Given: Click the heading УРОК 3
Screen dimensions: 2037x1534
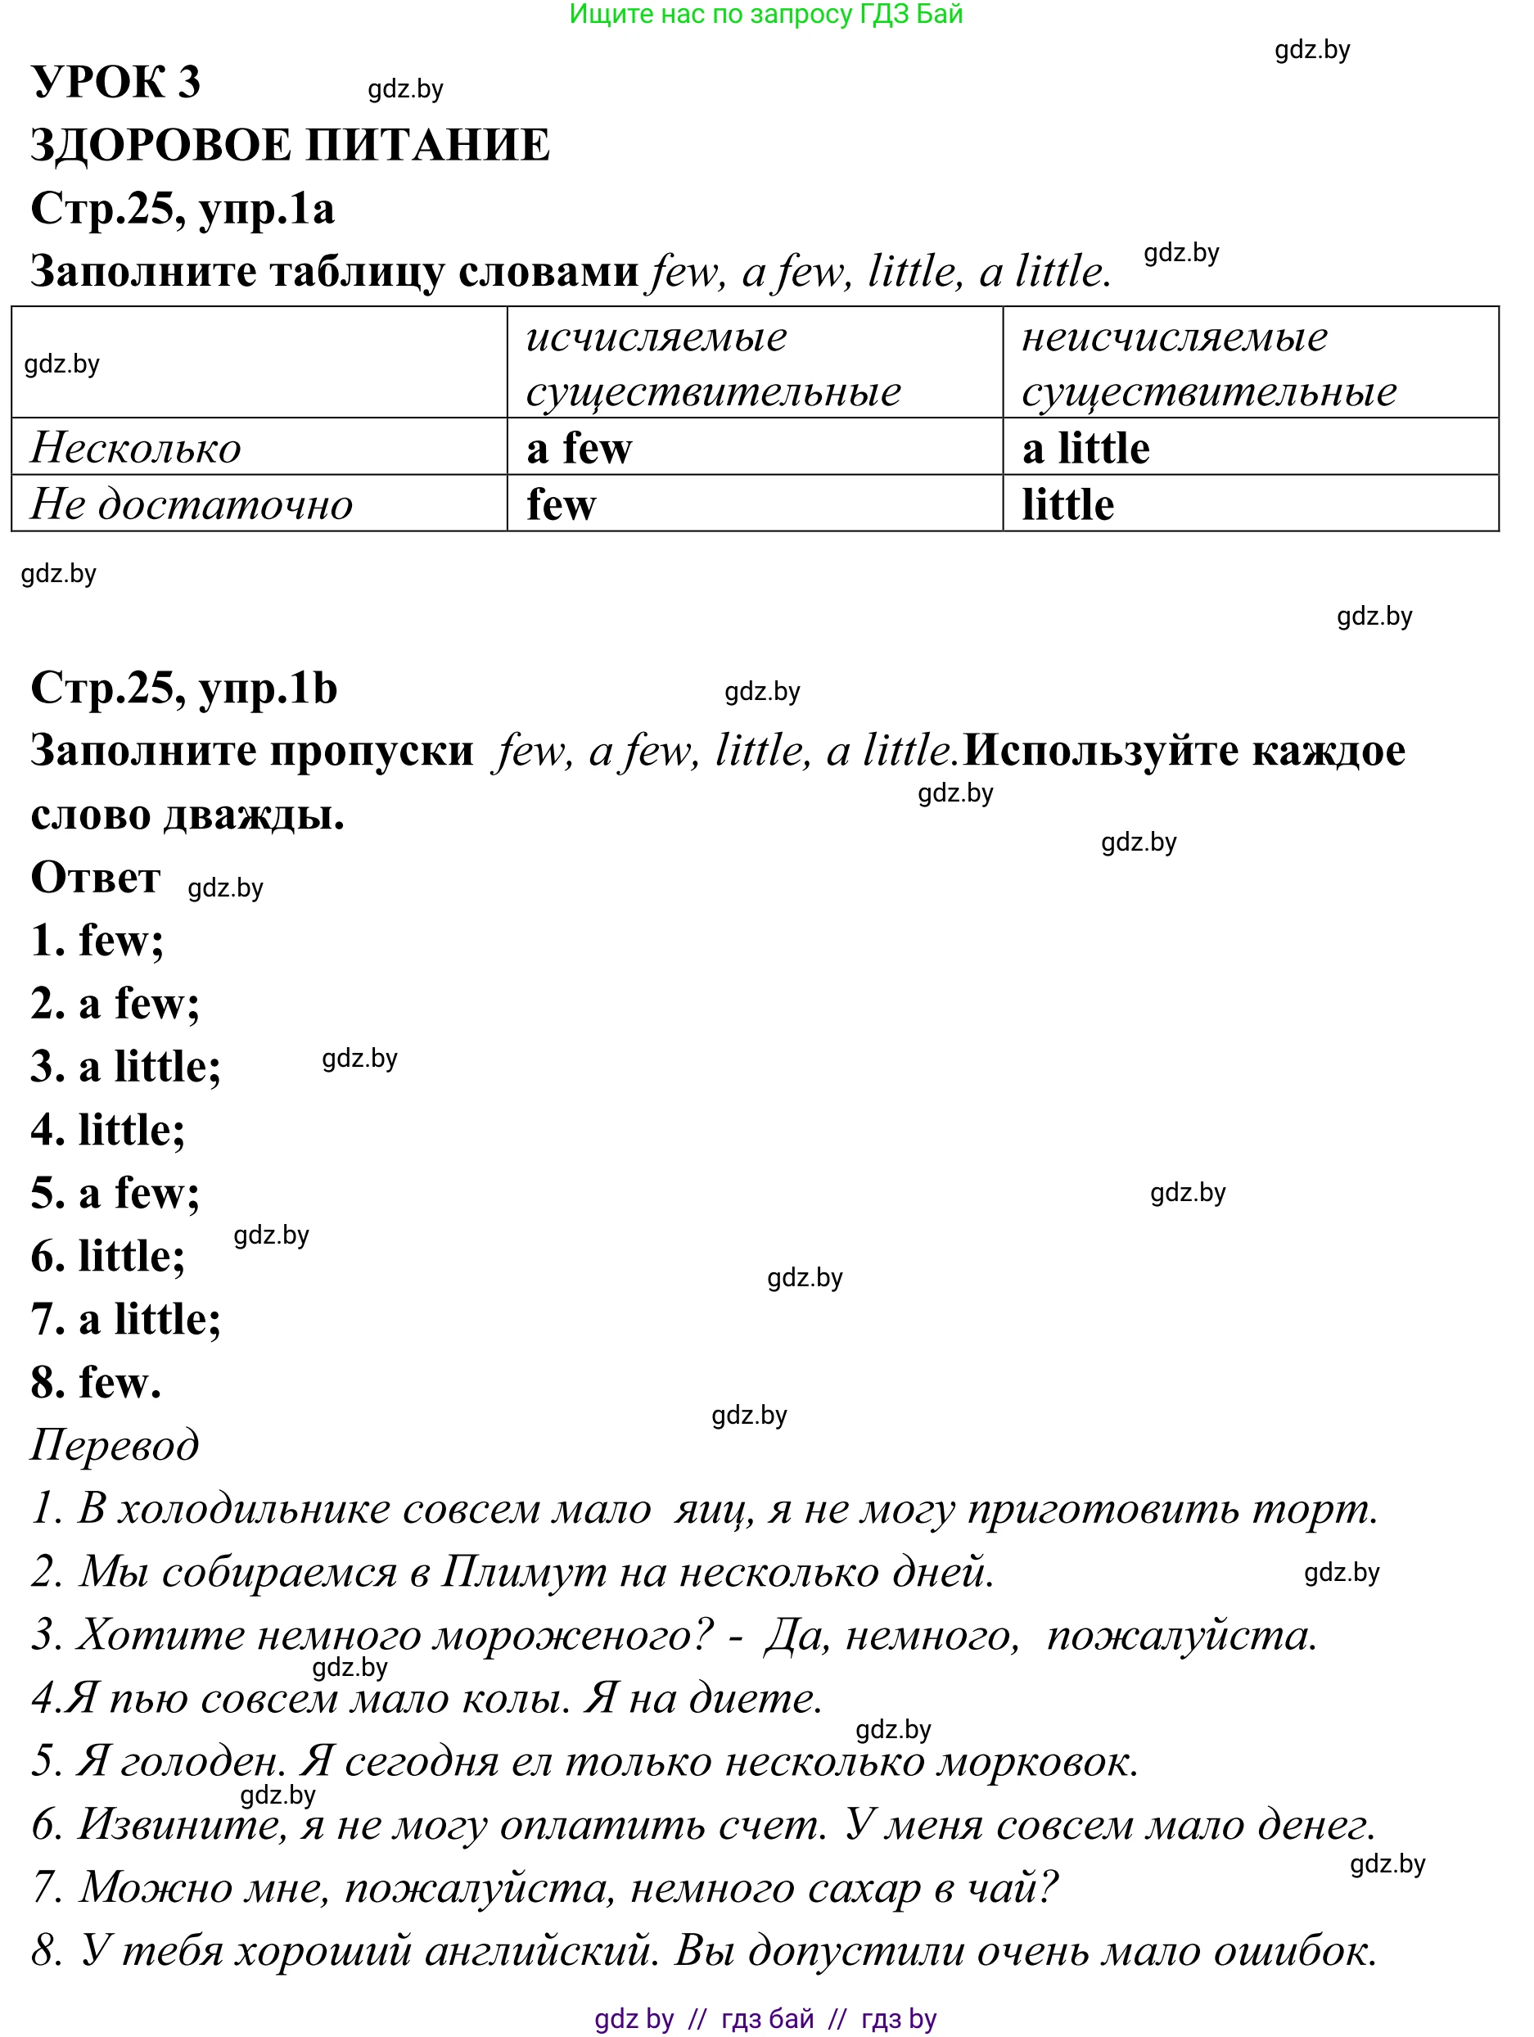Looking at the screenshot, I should coord(116,82).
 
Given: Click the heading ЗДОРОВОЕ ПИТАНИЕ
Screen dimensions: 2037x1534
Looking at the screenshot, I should coord(290,145).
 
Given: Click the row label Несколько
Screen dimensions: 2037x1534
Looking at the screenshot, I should coord(135,449).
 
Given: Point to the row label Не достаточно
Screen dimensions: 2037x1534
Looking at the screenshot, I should coord(192,504).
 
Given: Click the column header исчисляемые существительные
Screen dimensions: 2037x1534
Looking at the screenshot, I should coord(713,364).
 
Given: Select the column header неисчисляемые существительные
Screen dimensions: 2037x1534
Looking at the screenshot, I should coord(1208,364).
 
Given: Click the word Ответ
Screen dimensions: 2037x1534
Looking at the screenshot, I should coord(95,878).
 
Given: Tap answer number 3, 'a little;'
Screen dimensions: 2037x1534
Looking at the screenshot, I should coord(126,1066).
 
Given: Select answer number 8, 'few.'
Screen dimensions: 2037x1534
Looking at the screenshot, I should coord(96,1382).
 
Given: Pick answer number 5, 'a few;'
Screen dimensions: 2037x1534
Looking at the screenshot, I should coord(115,1194).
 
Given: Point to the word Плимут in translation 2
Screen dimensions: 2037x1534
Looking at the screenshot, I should coord(521,1572).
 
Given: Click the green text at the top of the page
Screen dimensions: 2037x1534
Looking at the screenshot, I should coord(765,14).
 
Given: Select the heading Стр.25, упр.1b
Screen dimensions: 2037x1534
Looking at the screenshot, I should coord(184,688).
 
